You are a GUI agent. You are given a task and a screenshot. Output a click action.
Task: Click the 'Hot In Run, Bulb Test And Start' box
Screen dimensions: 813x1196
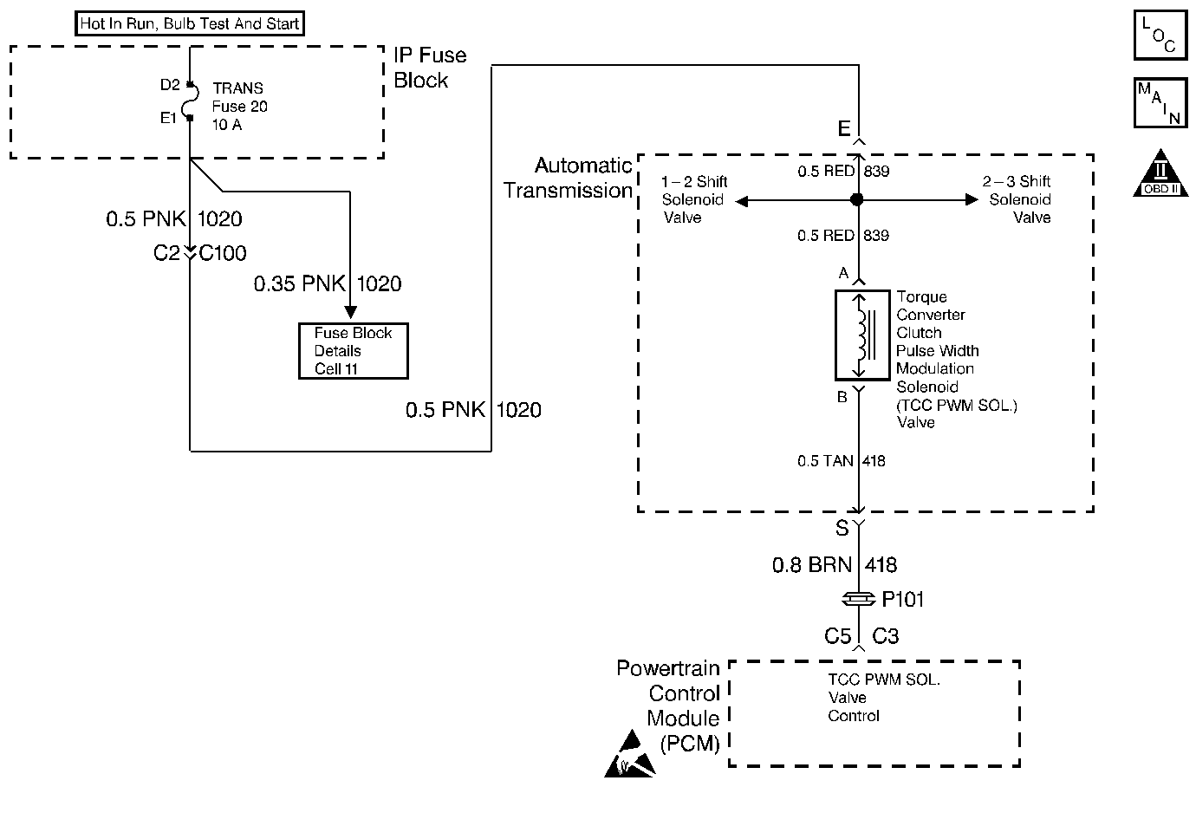(x=190, y=24)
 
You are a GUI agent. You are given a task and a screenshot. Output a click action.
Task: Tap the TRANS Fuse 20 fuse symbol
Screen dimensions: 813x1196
(x=192, y=101)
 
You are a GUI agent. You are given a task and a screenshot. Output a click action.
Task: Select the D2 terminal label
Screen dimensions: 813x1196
(x=170, y=85)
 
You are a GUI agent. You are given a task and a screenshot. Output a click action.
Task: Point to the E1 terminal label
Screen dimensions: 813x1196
(x=168, y=118)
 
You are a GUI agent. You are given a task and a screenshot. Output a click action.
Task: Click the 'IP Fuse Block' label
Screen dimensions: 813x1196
(x=430, y=68)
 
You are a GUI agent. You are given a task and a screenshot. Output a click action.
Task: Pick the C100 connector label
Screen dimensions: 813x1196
(x=223, y=253)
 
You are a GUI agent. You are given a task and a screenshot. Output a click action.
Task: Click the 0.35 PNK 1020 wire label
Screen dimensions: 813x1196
(x=328, y=283)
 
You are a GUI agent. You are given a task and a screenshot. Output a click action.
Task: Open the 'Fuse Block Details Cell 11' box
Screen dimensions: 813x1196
(x=353, y=351)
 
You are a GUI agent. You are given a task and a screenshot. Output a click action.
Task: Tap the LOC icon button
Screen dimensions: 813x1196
(x=1160, y=36)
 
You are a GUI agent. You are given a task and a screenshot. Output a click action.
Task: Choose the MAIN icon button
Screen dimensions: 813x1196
(x=1160, y=103)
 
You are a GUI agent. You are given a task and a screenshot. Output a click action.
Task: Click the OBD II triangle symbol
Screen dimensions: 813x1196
(x=1160, y=174)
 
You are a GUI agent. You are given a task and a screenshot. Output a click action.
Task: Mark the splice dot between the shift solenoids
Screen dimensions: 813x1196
(x=857, y=200)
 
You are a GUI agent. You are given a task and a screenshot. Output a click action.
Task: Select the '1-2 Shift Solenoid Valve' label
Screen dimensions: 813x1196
(x=693, y=199)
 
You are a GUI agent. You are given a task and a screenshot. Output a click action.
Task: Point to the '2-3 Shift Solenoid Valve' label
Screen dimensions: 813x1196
(x=1018, y=199)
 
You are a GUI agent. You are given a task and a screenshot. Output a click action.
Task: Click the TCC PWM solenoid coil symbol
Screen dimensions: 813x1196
(x=861, y=335)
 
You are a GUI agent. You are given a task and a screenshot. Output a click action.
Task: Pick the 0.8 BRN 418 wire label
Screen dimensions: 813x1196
(x=835, y=565)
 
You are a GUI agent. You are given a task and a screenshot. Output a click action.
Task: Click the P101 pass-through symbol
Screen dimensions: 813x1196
(x=858, y=599)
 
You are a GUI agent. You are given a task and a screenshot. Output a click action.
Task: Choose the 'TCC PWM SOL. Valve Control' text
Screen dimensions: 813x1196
(x=882, y=698)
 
